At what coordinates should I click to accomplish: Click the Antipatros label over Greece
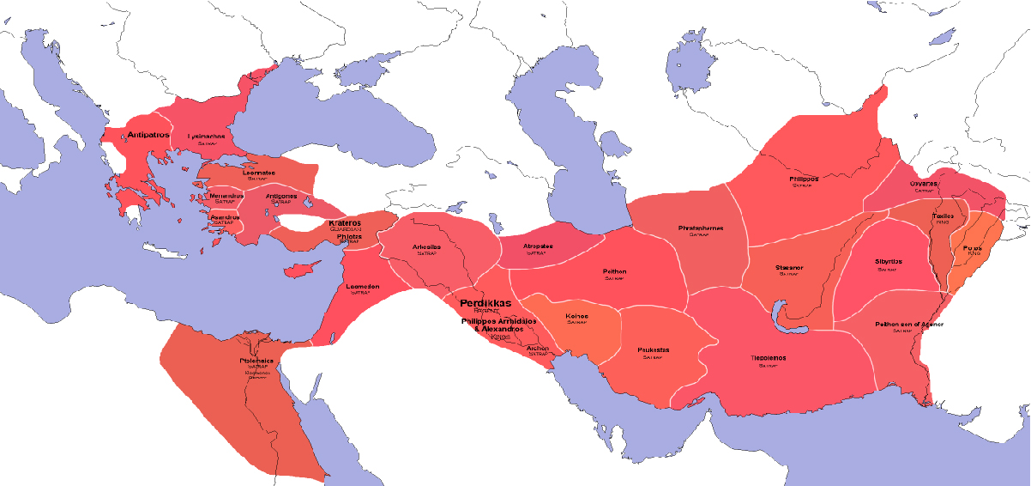click(x=149, y=135)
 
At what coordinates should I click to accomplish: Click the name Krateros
click(x=345, y=223)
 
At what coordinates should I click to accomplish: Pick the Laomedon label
click(x=362, y=286)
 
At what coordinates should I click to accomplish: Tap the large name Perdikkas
click(x=485, y=303)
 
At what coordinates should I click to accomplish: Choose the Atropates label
click(x=538, y=246)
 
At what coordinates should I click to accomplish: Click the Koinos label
click(x=577, y=316)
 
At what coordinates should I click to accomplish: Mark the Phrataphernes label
click(x=701, y=228)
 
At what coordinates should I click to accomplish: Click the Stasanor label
click(x=789, y=267)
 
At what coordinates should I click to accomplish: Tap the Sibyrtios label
click(x=887, y=262)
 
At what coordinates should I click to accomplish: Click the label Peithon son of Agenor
click(x=907, y=324)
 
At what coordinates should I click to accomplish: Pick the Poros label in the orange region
click(x=973, y=247)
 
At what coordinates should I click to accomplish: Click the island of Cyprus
click(x=297, y=270)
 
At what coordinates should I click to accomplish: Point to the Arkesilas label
click(x=426, y=246)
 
